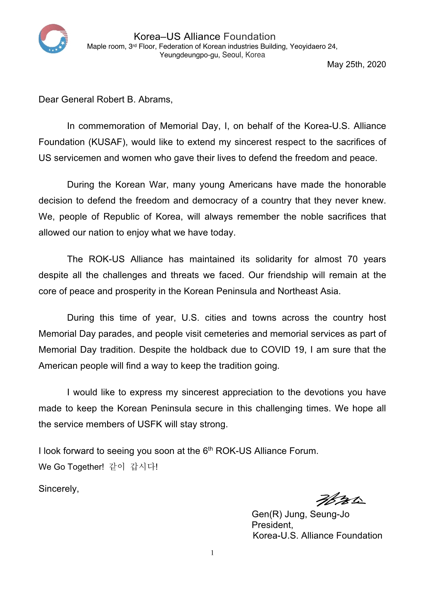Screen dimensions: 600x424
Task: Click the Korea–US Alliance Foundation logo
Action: [x=53, y=39]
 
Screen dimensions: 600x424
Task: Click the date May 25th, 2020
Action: [x=356, y=64]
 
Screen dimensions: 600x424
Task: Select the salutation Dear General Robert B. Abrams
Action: [x=105, y=100]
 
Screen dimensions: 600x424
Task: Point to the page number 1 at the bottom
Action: [x=212, y=553]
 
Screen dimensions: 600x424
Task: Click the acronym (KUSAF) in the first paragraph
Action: [x=108, y=142]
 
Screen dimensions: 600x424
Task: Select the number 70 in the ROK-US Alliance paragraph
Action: [x=352, y=259]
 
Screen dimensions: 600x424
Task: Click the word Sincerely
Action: [x=59, y=489]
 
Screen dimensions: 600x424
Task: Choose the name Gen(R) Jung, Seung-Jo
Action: [x=300, y=514]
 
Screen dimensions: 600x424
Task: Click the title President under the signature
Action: [x=272, y=525]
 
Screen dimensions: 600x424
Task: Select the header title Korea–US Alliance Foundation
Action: [x=204, y=37]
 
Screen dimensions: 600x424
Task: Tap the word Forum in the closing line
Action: [x=304, y=451]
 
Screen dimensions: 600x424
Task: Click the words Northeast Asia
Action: [x=309, y=291]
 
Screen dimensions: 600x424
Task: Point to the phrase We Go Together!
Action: [x=71, y=467]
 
